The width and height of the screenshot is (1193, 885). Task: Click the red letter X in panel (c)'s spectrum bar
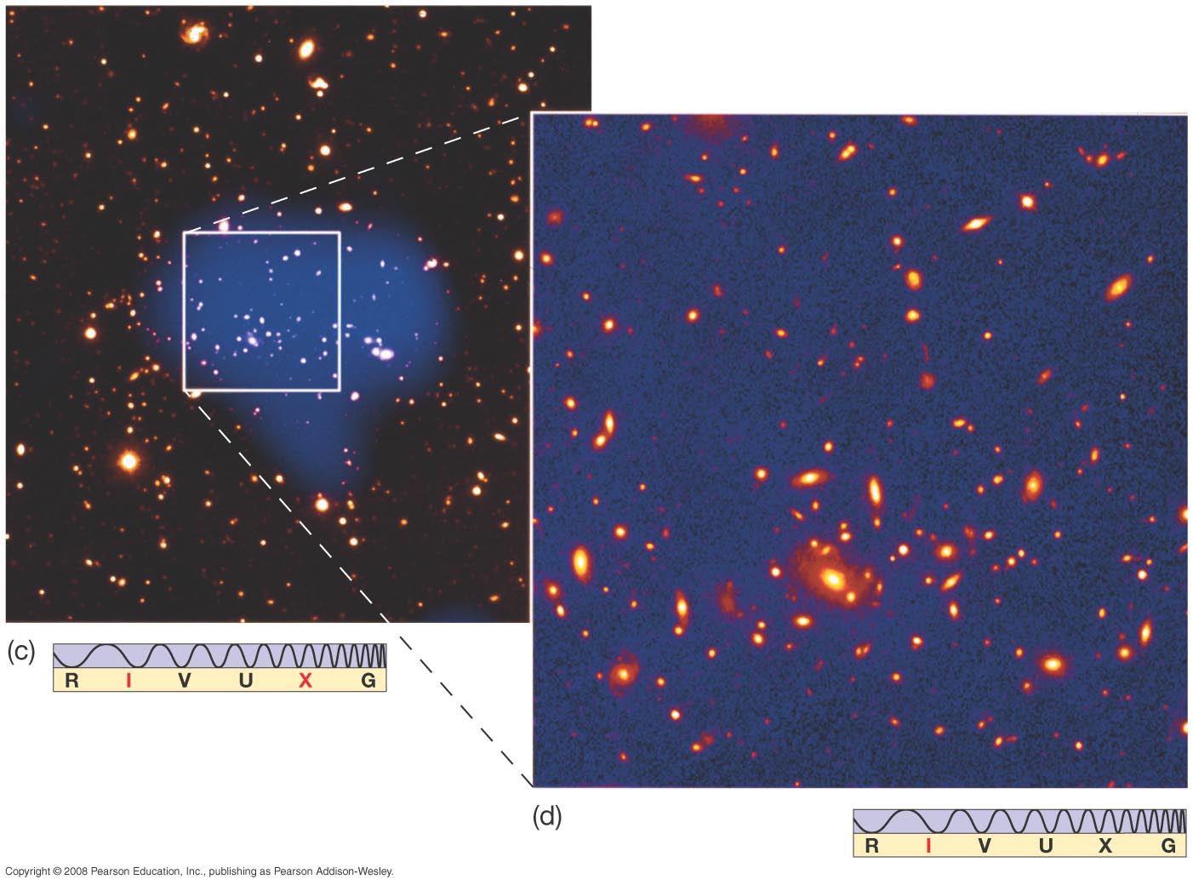(x=305, y=681)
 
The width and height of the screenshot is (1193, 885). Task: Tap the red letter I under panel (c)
(x=128, y=681)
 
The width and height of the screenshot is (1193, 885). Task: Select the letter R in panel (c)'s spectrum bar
(x=71, y=681)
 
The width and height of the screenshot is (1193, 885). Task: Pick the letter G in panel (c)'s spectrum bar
(x=368, y=681)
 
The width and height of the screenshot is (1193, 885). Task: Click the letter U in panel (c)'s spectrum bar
(x=246, y=681)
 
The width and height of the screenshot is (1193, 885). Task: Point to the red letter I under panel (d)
(x=928, y=846)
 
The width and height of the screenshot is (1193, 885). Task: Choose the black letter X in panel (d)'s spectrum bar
(x=1105, y=846)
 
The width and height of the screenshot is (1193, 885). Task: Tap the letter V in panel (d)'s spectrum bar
(x=985, y=846)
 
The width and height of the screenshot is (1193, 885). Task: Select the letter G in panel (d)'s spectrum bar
(x=1168, y=846)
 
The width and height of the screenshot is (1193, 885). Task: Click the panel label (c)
(x=20, y=652)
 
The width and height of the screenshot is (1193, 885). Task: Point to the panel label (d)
(x=547, y=817)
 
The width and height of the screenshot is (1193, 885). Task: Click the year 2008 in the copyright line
(x=77, y=871)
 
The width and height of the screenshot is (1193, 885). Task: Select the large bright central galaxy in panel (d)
(x=833, y=580)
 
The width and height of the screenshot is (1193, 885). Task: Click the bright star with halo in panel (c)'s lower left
(x=128, y=461)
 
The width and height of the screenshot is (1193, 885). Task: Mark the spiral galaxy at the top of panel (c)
(x=194, y=33)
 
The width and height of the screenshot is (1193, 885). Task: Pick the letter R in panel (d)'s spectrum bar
(x=872, y=846)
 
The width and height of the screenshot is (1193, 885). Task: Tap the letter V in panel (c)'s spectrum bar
(x=185, y=681)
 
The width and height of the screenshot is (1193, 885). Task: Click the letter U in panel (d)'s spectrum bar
(x=1046, y=846)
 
